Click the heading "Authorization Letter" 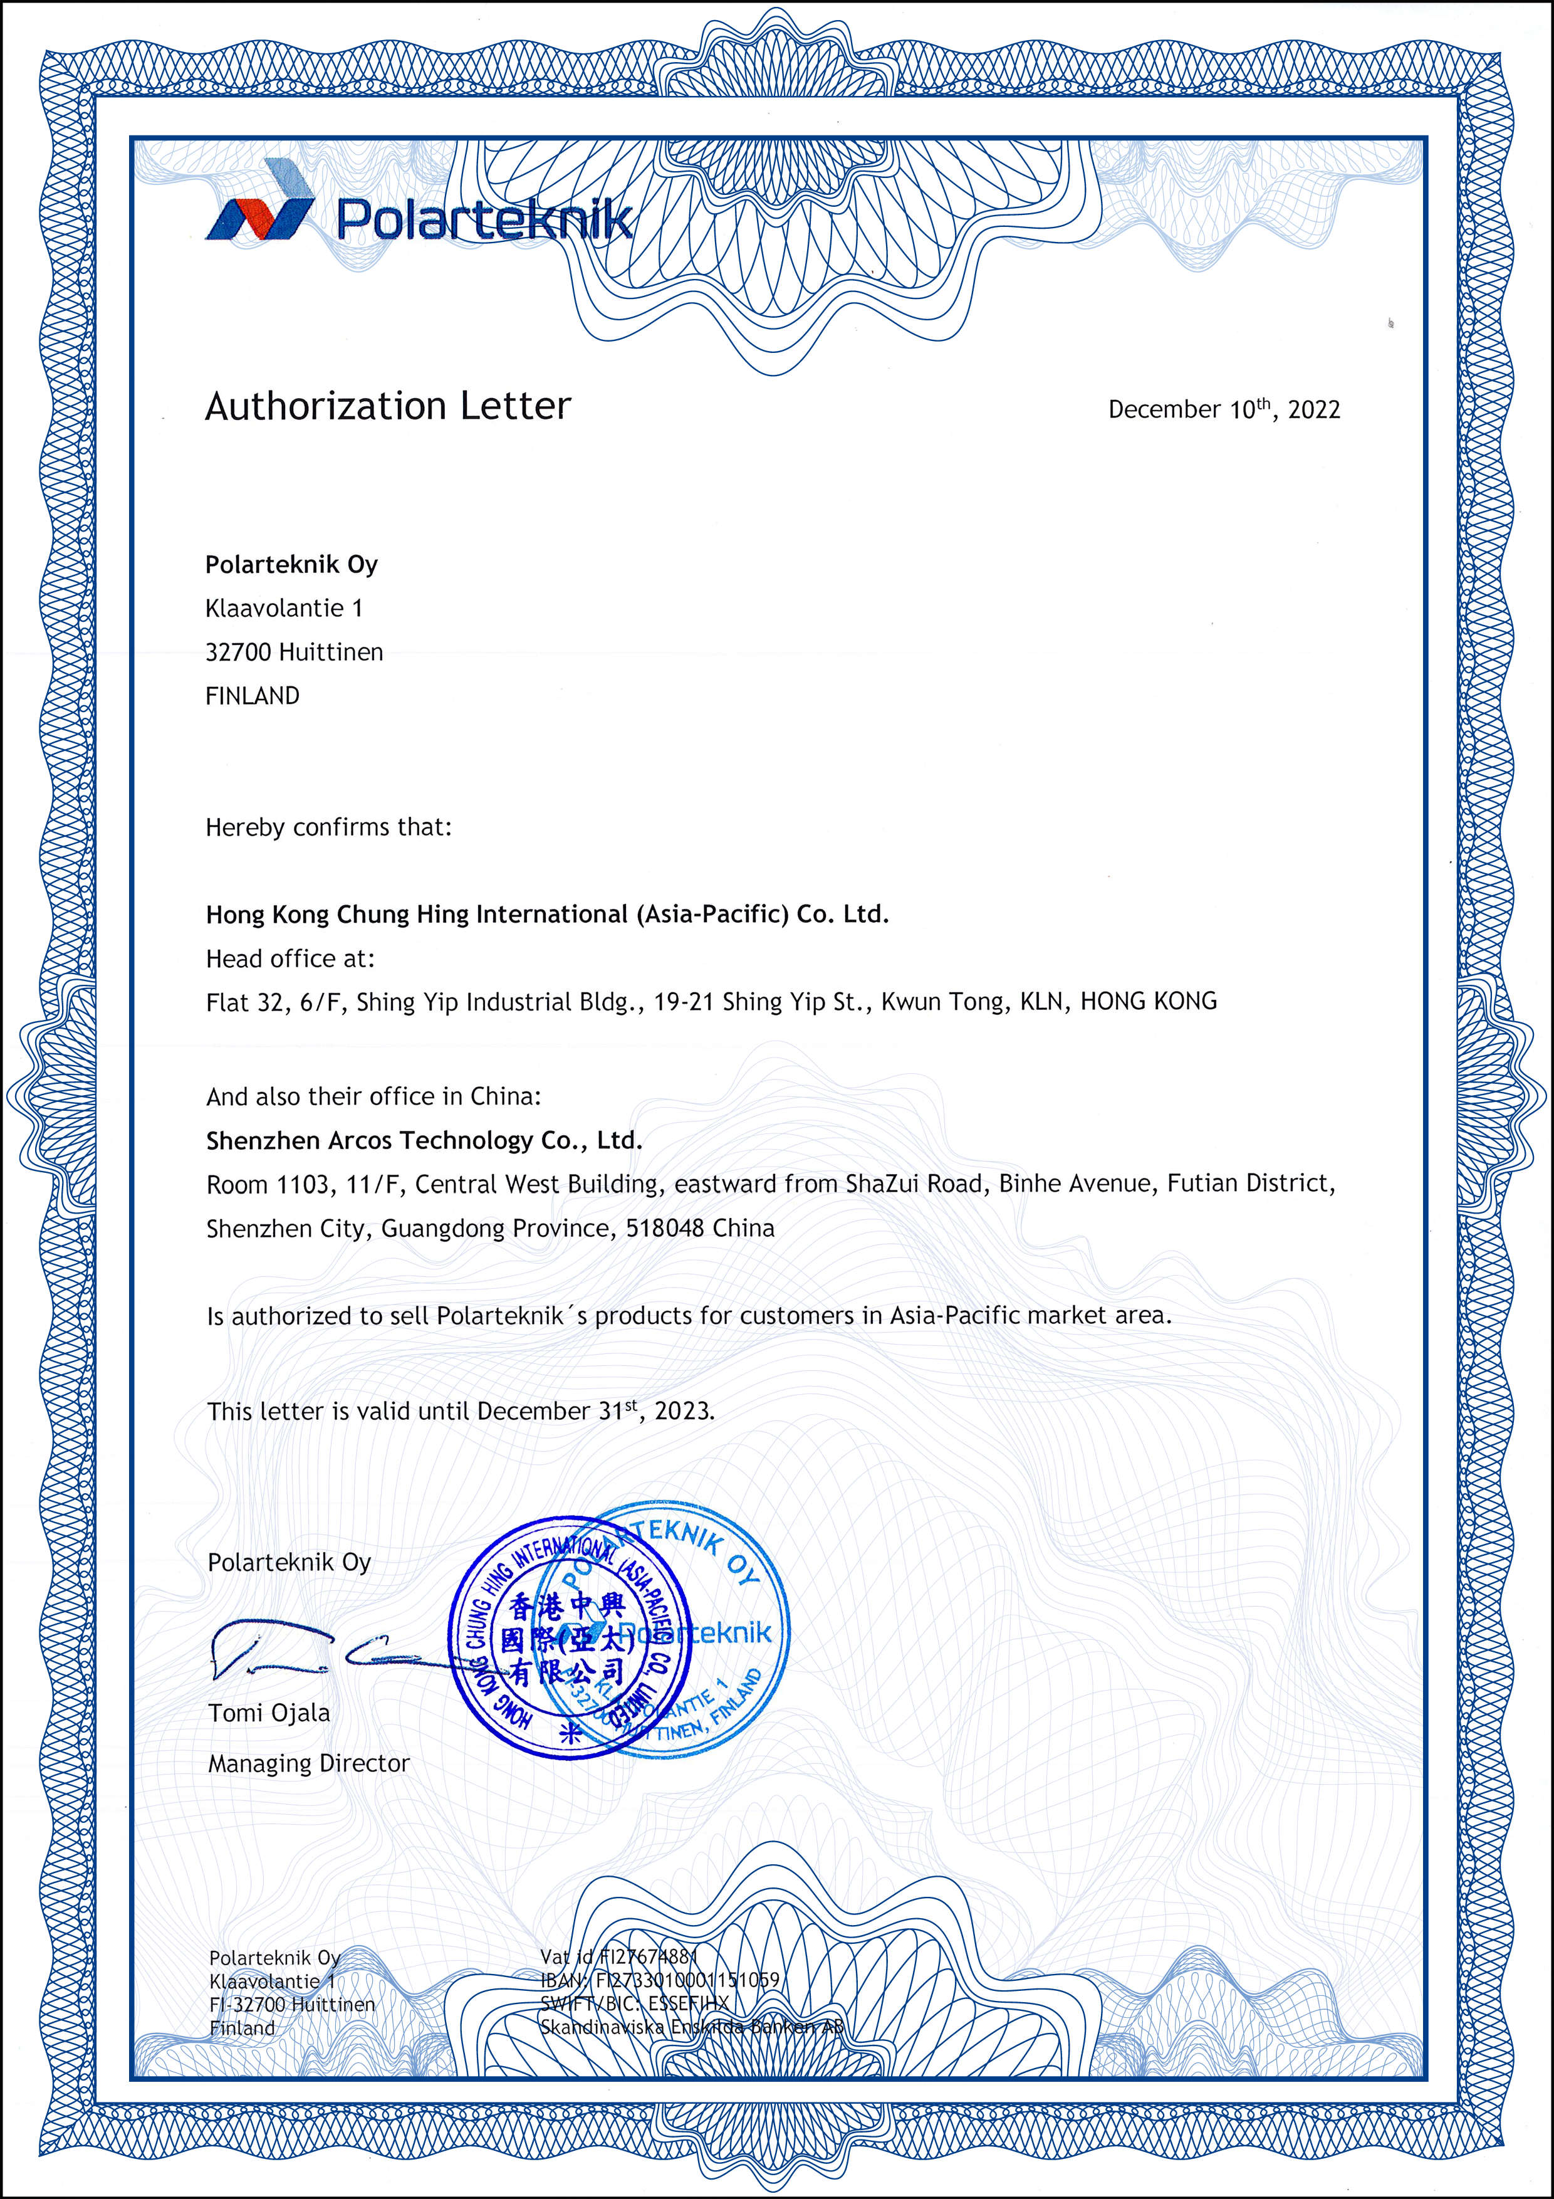tap(388, 406)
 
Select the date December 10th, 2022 tap(1224, 409)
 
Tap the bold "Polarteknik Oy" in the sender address tap(291, 564)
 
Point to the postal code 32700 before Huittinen tap(238, 652)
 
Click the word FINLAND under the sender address tap(252, 696)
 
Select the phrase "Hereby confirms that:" tap(328, 827)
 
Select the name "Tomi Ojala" tap(269, 1713)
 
